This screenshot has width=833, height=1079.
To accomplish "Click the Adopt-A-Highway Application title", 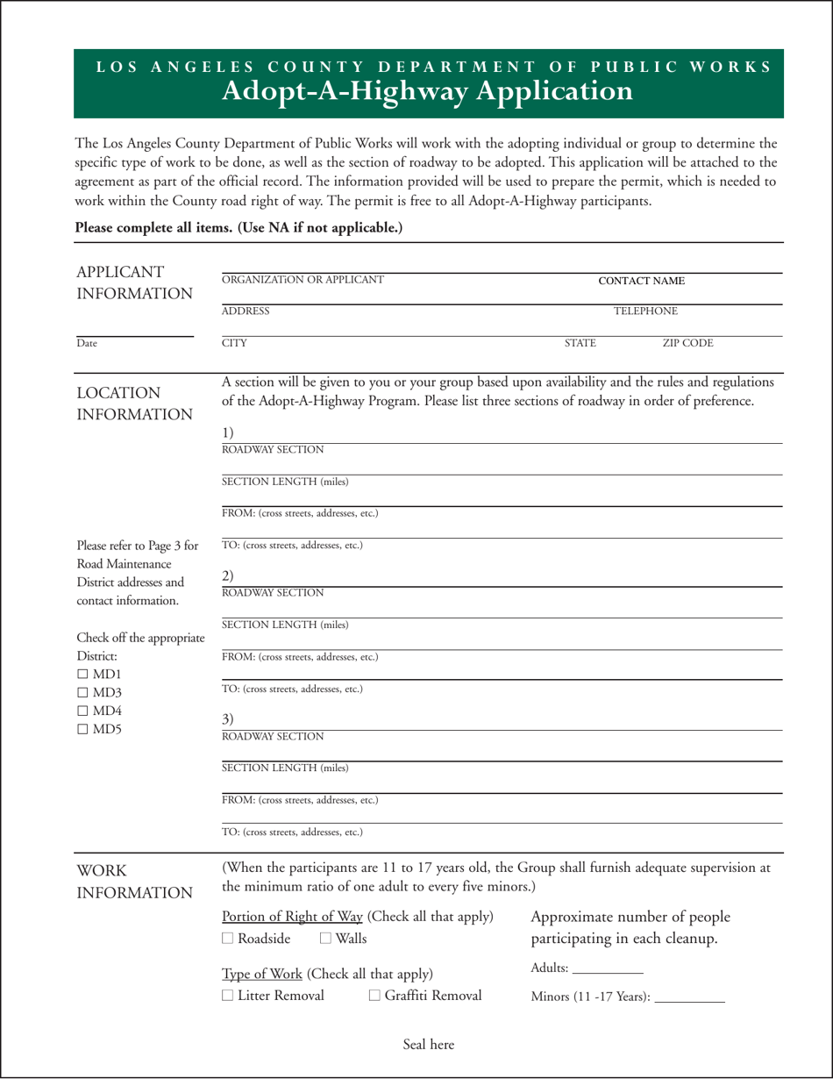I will [428, 91].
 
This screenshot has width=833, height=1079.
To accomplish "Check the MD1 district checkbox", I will [82, 675].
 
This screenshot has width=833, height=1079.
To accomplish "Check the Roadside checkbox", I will [228, 939].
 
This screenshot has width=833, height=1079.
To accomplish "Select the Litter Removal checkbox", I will [228, 996].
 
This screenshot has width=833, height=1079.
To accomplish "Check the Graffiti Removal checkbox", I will [374, 996].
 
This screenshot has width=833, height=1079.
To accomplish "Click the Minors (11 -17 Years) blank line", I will [689, 997].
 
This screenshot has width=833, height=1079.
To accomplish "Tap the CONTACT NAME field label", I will [641, 281].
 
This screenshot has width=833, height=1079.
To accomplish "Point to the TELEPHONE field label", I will [644, 311].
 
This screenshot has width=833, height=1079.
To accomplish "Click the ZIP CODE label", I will [687, 343].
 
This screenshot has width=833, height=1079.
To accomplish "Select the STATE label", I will [580, 343].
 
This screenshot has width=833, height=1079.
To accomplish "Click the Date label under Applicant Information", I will [87, 344].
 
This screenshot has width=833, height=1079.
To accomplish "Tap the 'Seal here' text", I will [429, 1044].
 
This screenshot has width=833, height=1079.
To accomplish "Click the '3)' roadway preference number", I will [227, 719].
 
